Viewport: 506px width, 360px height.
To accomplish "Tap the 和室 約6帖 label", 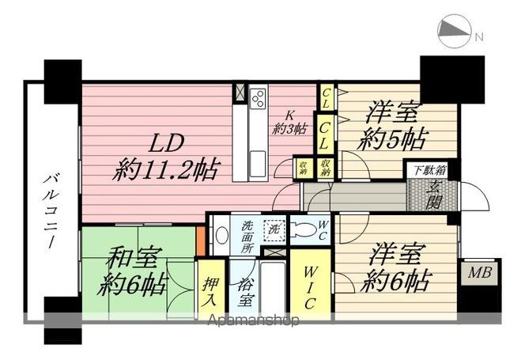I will [133, 270].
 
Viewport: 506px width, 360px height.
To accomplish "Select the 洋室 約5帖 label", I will [392, 127].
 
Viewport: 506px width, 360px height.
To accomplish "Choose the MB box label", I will [480, 273].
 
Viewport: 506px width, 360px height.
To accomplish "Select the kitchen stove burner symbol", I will [259, 100].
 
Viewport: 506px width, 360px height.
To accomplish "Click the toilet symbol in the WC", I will [303, 229].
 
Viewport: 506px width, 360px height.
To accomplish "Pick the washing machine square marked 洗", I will [274, 229].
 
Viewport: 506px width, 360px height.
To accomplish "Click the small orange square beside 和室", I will [200, 236].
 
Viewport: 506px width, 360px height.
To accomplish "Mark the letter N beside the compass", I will [478, 36].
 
